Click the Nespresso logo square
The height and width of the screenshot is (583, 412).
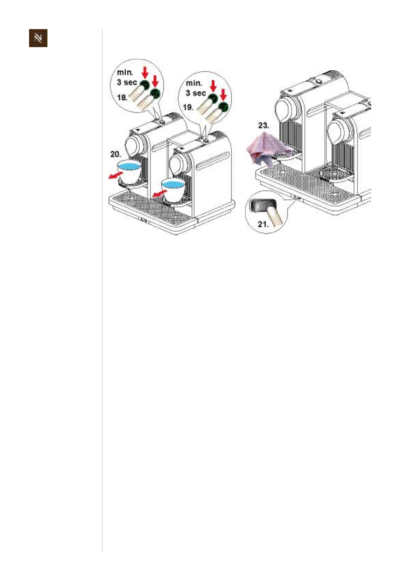[x=38, y=38]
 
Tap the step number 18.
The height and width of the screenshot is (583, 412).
[x=122, y=97]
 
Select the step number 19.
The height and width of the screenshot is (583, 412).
[x=188, y=107]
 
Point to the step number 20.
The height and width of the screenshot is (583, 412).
[x=116, y=154]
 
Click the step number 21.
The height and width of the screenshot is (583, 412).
[x=263, y=224]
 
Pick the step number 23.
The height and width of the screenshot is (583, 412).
[x=264, y=125]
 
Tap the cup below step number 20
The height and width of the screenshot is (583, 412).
[x=130, y=172]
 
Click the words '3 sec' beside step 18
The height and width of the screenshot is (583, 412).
[x=127, y=82]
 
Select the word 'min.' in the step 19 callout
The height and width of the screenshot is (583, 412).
[x=194, y=83]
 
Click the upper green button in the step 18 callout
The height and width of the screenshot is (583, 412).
[x=145, y=84]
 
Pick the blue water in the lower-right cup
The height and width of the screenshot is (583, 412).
[x=174, y=184]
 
